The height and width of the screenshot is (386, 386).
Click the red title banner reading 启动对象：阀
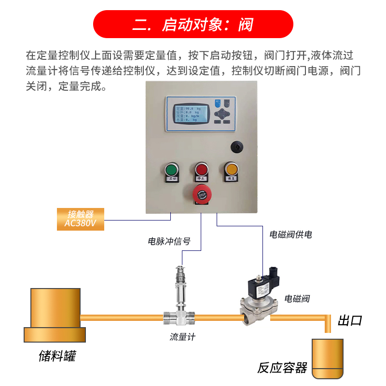[x=193, y=25]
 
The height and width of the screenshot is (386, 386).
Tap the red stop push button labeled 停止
[x=201, y=170]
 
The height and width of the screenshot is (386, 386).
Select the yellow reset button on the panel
[x=231, y=169]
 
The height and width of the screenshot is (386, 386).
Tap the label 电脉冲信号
[x=168, y=241]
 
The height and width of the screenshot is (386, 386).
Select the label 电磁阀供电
[x=290, y=235]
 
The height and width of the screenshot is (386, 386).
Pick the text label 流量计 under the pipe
[x=182, y=337]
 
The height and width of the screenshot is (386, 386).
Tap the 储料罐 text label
[x=57, y=357]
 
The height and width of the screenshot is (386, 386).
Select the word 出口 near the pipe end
[x=349, y=321]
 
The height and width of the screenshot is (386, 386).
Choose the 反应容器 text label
[x=282, y=368]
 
